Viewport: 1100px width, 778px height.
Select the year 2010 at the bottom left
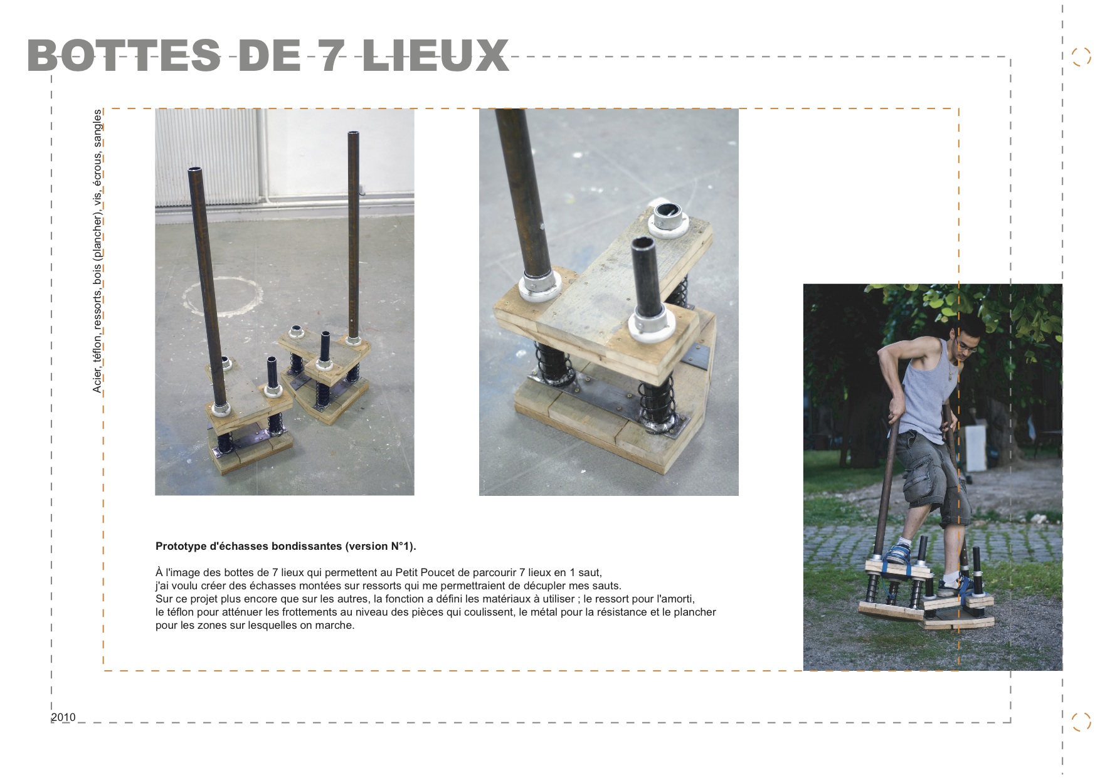63,717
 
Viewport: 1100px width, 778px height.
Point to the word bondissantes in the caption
309,546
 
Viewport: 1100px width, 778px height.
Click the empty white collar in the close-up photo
669,220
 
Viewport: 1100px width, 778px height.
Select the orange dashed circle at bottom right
1080,722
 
